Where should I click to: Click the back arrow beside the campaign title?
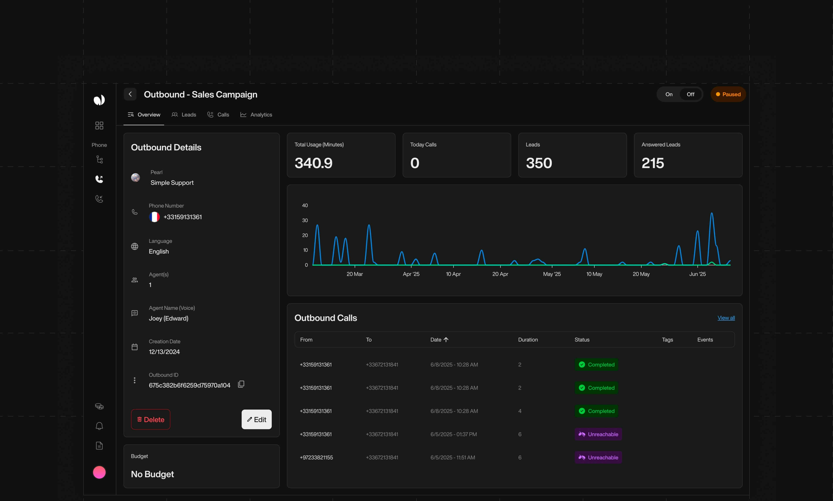[x=130, y=94]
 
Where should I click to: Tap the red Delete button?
[x=150, y=419]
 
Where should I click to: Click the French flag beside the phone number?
[x=154, y=217]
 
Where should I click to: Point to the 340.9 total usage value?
[x=313, y=163]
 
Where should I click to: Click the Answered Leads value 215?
[x=652, y=163]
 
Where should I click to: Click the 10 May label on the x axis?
[x=594, y=274]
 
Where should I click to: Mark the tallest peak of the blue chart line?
[x=712, y=213]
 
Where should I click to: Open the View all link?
[x=726, y=318]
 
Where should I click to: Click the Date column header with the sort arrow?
[x=439, y=340]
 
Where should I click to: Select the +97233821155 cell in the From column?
[x=316, y=457]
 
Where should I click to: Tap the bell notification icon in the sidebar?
[x=99, y=426]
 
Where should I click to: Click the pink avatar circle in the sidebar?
[x=99, y=472]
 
